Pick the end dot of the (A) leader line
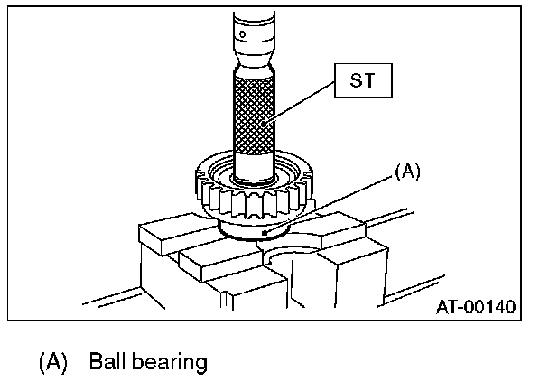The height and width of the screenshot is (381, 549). pyautogui.click(x=263, y=233)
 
